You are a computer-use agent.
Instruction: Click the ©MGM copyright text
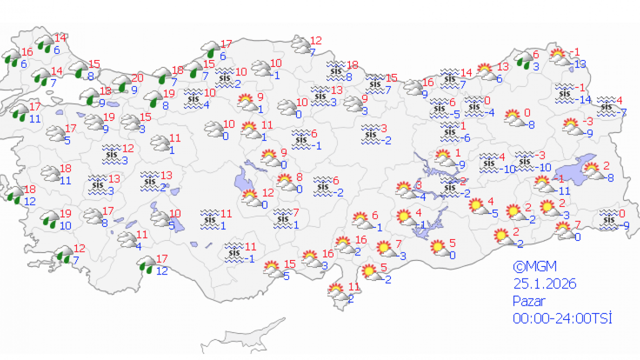[534, 266]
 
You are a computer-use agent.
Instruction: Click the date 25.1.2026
[544, 284]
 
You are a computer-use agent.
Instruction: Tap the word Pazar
[528, 301]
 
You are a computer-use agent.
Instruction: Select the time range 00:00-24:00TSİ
[562, 318]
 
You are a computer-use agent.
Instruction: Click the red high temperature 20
[137, 78]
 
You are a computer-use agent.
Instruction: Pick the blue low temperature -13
[580, 63]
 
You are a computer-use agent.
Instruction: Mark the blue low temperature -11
[564, 190]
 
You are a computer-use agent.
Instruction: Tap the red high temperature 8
[299, 176]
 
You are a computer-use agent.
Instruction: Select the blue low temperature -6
[465, 138]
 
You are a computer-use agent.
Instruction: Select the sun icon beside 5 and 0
[438, 248]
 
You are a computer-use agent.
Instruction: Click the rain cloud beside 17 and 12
[147, 264]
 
